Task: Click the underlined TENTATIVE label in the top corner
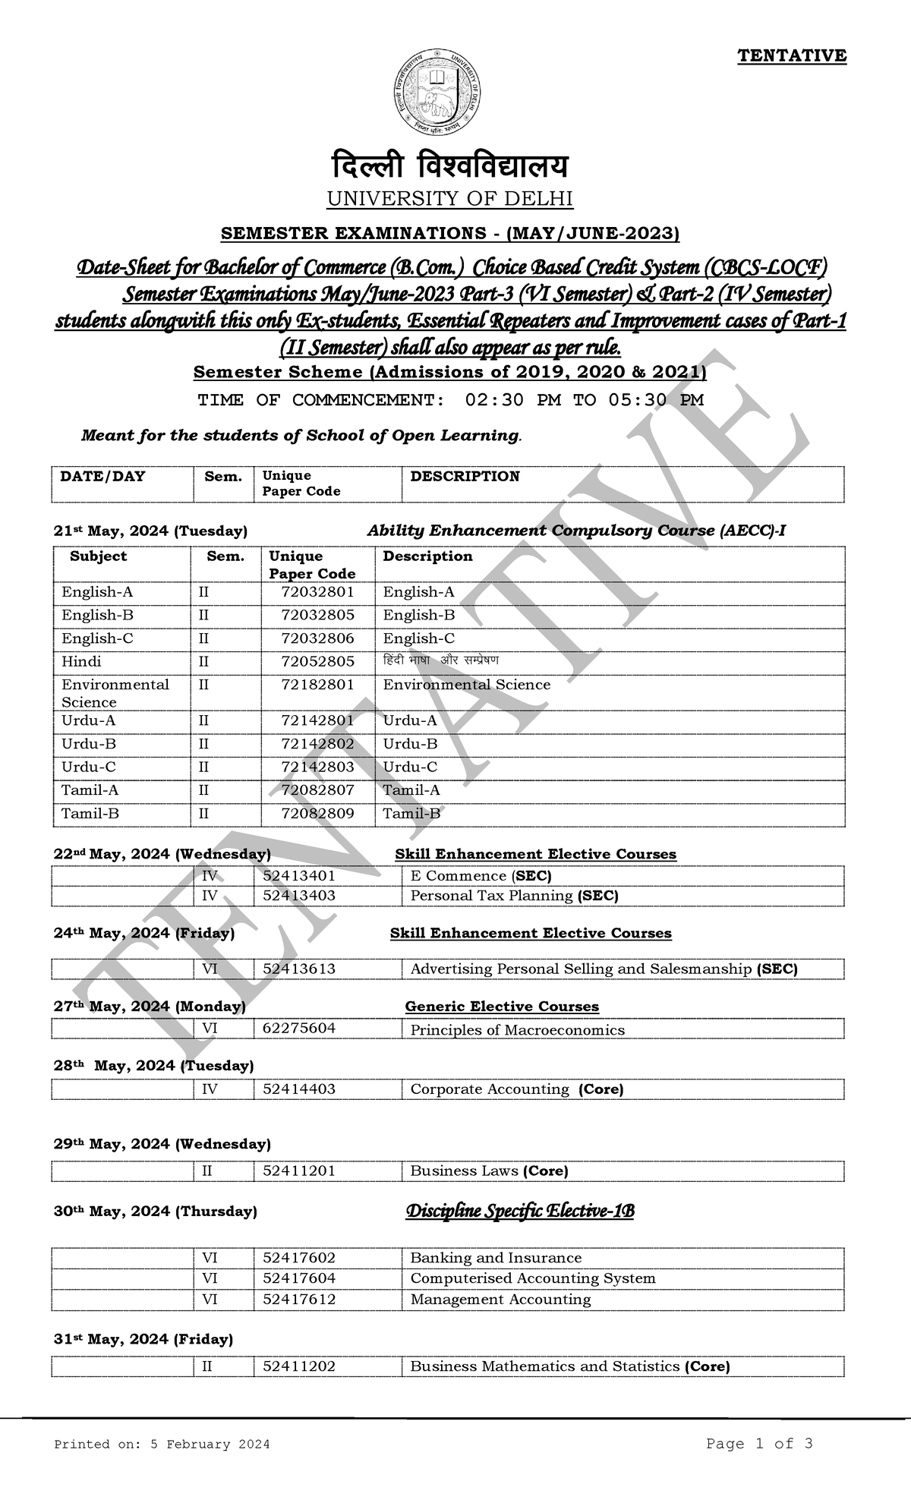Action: [792, 55]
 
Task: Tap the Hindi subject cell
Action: [81, 661]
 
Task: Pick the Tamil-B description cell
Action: [411, 813]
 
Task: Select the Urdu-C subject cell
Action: [89, 767]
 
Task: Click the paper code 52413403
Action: [299, 896]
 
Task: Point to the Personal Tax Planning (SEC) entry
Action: [514, 896]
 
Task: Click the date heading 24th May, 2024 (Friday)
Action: [144, 933]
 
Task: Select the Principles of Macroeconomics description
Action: [517, 1030]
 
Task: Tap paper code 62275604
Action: [299, 1028]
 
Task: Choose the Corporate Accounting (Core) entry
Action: [516, 1089]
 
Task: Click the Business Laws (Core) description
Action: [489, 1171]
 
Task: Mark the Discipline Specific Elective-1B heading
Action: [520, 1212]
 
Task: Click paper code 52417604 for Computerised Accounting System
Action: [299, 1278]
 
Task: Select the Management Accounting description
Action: [500, 1300]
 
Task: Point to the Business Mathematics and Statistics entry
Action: [569, 1366]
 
